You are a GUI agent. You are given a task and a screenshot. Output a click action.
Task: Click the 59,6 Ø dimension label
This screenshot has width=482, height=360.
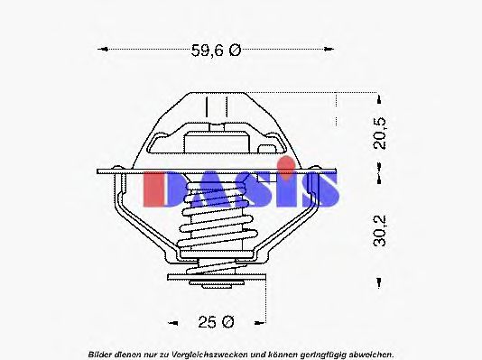pos(216,51)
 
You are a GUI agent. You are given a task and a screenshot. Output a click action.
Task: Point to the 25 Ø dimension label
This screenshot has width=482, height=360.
pos(216,320)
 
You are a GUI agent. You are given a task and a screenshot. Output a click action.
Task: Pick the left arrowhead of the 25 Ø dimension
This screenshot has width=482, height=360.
pos(171,320)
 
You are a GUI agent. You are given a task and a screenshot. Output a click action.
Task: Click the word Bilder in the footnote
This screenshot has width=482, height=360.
pos(100,353)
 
